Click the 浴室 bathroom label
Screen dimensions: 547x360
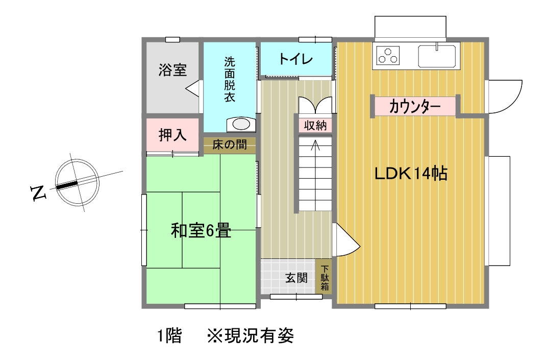tap(172, 70)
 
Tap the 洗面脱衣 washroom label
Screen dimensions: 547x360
tap(230, 80)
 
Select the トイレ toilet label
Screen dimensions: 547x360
tap(296, 59)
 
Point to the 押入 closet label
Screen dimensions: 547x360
tap(172, 135)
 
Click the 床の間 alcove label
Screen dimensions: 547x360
tap(230, 145)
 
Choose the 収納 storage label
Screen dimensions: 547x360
tap(315, 125)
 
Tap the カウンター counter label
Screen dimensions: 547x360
tap(415, 106)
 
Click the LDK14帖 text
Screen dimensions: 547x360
tap(411, 173)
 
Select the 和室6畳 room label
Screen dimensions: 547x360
tap(201, 230)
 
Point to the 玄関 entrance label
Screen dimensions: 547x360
tap(296, 278)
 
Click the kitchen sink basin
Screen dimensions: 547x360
tap(437, 56)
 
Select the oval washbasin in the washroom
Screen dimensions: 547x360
tap(241, 124)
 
